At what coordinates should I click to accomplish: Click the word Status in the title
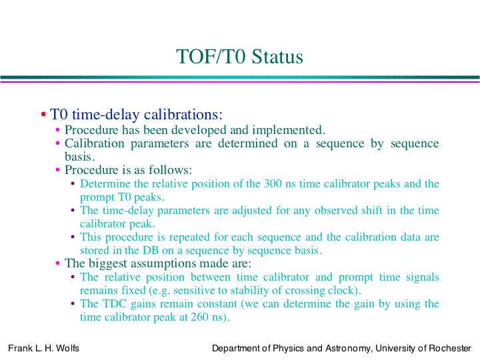point(277,57)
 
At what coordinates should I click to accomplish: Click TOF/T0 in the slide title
point(211,57)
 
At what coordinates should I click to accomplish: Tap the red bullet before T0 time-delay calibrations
point(43,115)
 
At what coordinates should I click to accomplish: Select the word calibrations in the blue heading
point(183,115)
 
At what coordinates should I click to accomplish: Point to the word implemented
point(289,131)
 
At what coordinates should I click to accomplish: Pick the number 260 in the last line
point(199,317)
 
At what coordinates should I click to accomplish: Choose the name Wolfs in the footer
point(67,349)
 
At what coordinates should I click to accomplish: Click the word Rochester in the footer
point(450,349)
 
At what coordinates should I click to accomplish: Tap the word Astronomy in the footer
point(347,349)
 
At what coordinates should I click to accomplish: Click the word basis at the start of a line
point(79,157)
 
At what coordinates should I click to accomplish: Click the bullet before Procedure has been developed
point(57,130)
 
